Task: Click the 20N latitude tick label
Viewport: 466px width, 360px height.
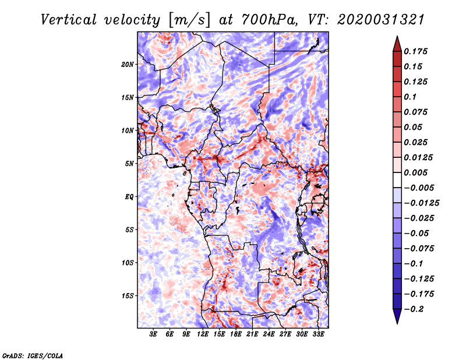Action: tap(128, 65)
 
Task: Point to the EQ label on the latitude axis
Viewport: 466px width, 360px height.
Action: tap(129, 197)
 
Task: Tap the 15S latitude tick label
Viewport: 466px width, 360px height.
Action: tap(128, 296)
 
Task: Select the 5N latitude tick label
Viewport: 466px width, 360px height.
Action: tap(129, 164)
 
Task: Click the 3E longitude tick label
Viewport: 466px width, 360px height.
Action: tap(153, 334)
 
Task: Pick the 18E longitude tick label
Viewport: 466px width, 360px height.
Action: tap(236, 334)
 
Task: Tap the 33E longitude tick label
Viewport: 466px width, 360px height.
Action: tap(318, 334)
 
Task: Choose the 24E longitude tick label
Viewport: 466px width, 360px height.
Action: tap(269, 334)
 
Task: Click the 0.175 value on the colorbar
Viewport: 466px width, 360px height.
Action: tap(416, 51)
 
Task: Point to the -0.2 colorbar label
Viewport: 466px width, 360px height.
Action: tap(414, 309)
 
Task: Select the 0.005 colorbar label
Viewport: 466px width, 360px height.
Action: tap(416, 172)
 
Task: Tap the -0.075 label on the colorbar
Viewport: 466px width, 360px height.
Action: tap(419, 249)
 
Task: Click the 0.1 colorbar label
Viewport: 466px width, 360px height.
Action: tap(410, 97)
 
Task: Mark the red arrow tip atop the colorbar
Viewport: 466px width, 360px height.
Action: tap(397, 37)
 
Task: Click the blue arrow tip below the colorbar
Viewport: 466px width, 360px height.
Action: tap(397, 323)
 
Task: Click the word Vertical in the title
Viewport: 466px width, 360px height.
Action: tap(69, 20)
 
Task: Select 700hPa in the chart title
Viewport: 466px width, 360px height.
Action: tap(269, 20)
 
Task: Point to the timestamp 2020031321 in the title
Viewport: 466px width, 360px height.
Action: tap(381, 20)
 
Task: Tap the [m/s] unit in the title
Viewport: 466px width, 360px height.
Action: tap(189, 20)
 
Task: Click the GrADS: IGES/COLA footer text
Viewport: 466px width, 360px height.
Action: tap(33, 356)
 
